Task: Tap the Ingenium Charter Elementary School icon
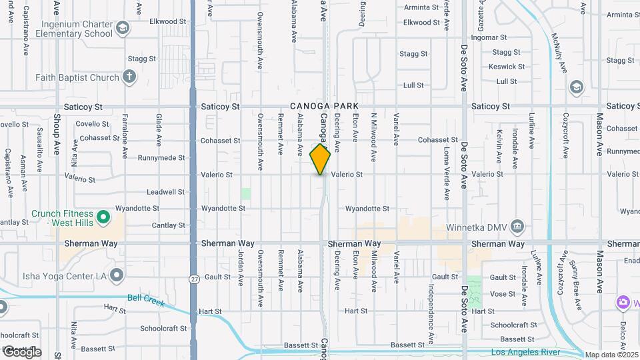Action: [123, 28]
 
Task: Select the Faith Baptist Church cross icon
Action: [130, 77]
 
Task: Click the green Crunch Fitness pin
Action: [103, 217]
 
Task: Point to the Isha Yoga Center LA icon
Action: [117, 275]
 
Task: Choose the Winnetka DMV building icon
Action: [517, 226]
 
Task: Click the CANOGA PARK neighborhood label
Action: [324, 107]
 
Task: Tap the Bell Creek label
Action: [146, 301]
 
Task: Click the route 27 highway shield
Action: [194, 278]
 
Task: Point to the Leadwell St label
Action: [166, 192]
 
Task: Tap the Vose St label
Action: [502, 294]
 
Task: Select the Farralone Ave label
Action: [125, 136]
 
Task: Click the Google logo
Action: [22, 352]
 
